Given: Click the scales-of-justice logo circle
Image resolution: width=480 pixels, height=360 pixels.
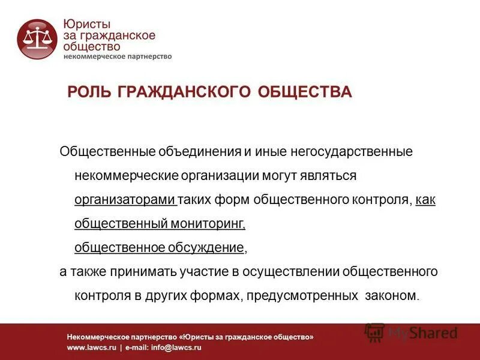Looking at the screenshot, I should point(37,39).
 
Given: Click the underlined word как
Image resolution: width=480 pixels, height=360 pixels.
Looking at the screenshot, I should point(425,200).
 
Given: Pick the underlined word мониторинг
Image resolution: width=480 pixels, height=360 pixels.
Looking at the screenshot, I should point(207,224).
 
